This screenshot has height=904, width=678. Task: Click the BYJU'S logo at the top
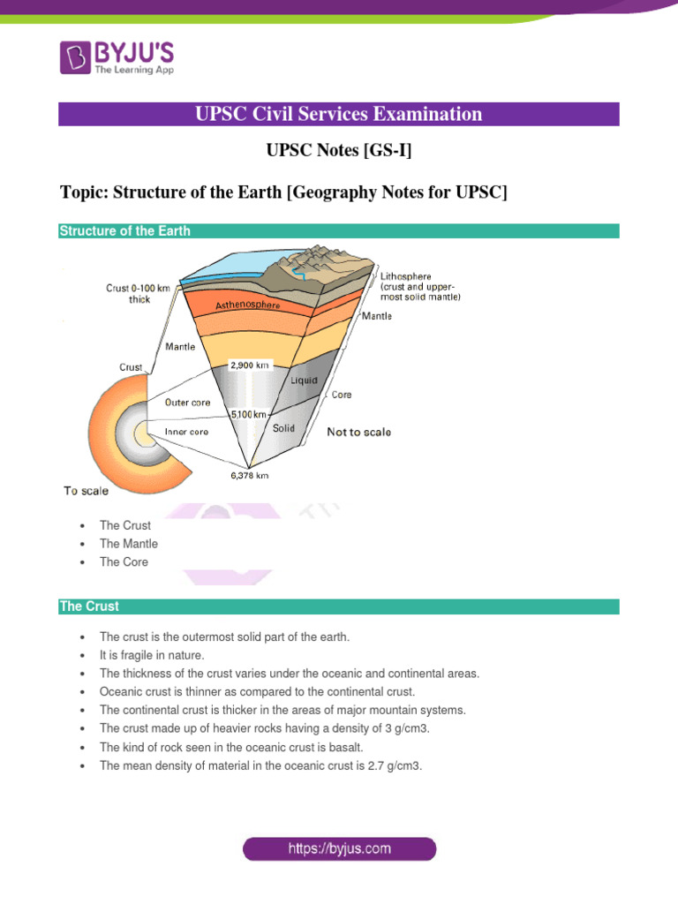click(117, 57)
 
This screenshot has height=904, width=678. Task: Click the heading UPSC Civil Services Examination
click(339, 114)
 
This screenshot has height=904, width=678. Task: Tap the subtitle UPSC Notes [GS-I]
click(339, 152)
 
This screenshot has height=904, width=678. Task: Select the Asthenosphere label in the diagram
click(248, 305)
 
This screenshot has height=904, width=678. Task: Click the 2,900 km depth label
click(249, 364)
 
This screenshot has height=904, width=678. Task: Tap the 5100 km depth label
click(249, 414)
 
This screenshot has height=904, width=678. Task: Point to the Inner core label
click(185, 432)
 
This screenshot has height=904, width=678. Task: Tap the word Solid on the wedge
click(283, 428)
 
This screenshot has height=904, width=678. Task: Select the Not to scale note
click(358, 433)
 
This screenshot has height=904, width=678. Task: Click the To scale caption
click(87, 492)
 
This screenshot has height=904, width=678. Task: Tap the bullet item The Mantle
click(129, 544)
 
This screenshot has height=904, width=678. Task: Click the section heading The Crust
click(89, 606)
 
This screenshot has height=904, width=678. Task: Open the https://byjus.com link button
click(339, 849)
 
